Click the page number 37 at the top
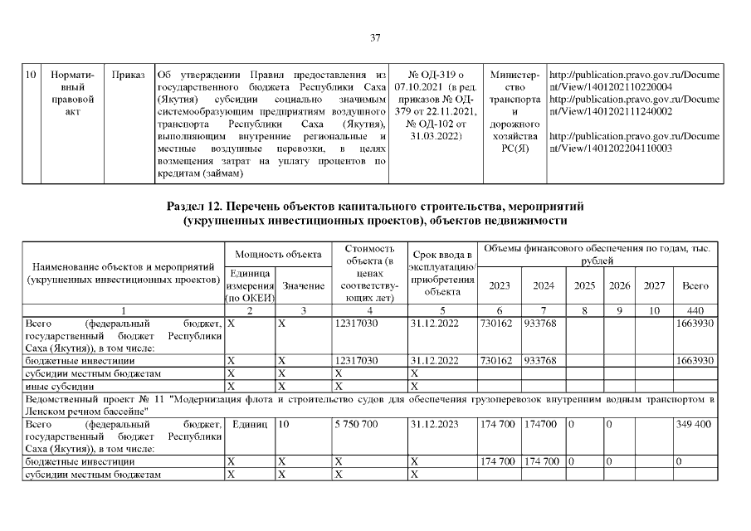(x=375, y=37)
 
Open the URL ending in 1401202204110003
(x=634, y=142)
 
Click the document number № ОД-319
(x=436, y=75)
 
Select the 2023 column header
(x=500, y=285)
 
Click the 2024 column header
(x=544, y=285)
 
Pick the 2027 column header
(x=654, y=285)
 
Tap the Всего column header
(x=695, y=285)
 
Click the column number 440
(x=695, y=310)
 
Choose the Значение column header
(x=303, y=285)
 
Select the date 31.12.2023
(x=434, y=424)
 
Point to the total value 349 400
(x=695, y=424)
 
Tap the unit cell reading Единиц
(x=250, y=424)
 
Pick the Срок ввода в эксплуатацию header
(x=441, y=272)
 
